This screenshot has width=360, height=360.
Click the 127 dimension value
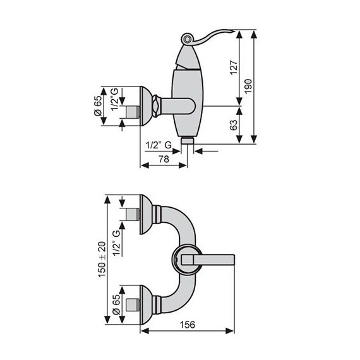[x=234, y=68]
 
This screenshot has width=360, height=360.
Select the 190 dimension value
[x=248, y=86]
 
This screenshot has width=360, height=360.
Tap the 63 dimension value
[x=234, y=125]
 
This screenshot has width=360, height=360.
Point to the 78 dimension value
[x=164, y=159]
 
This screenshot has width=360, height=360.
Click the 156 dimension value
[x=188, y=325]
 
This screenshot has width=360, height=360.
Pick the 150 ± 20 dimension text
[x=102, y=260]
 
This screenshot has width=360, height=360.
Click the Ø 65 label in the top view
[x=98, y=106]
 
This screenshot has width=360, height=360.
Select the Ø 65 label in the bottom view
[x=116, y=304]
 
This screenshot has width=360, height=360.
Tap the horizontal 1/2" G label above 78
[x=159, y=145]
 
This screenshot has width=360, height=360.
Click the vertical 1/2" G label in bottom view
[x=116, y=243]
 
